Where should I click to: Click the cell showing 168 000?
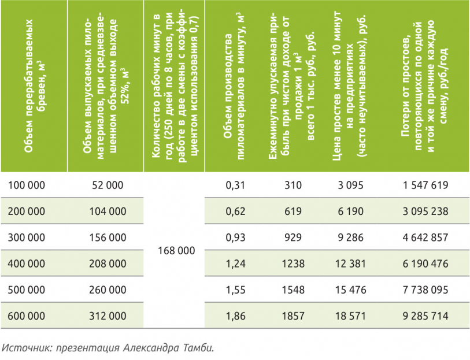176,251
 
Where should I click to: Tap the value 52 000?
108,185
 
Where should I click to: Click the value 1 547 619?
425,185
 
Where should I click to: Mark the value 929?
294,237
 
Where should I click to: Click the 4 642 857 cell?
425,237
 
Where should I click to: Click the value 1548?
294,290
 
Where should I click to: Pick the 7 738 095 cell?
425,290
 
